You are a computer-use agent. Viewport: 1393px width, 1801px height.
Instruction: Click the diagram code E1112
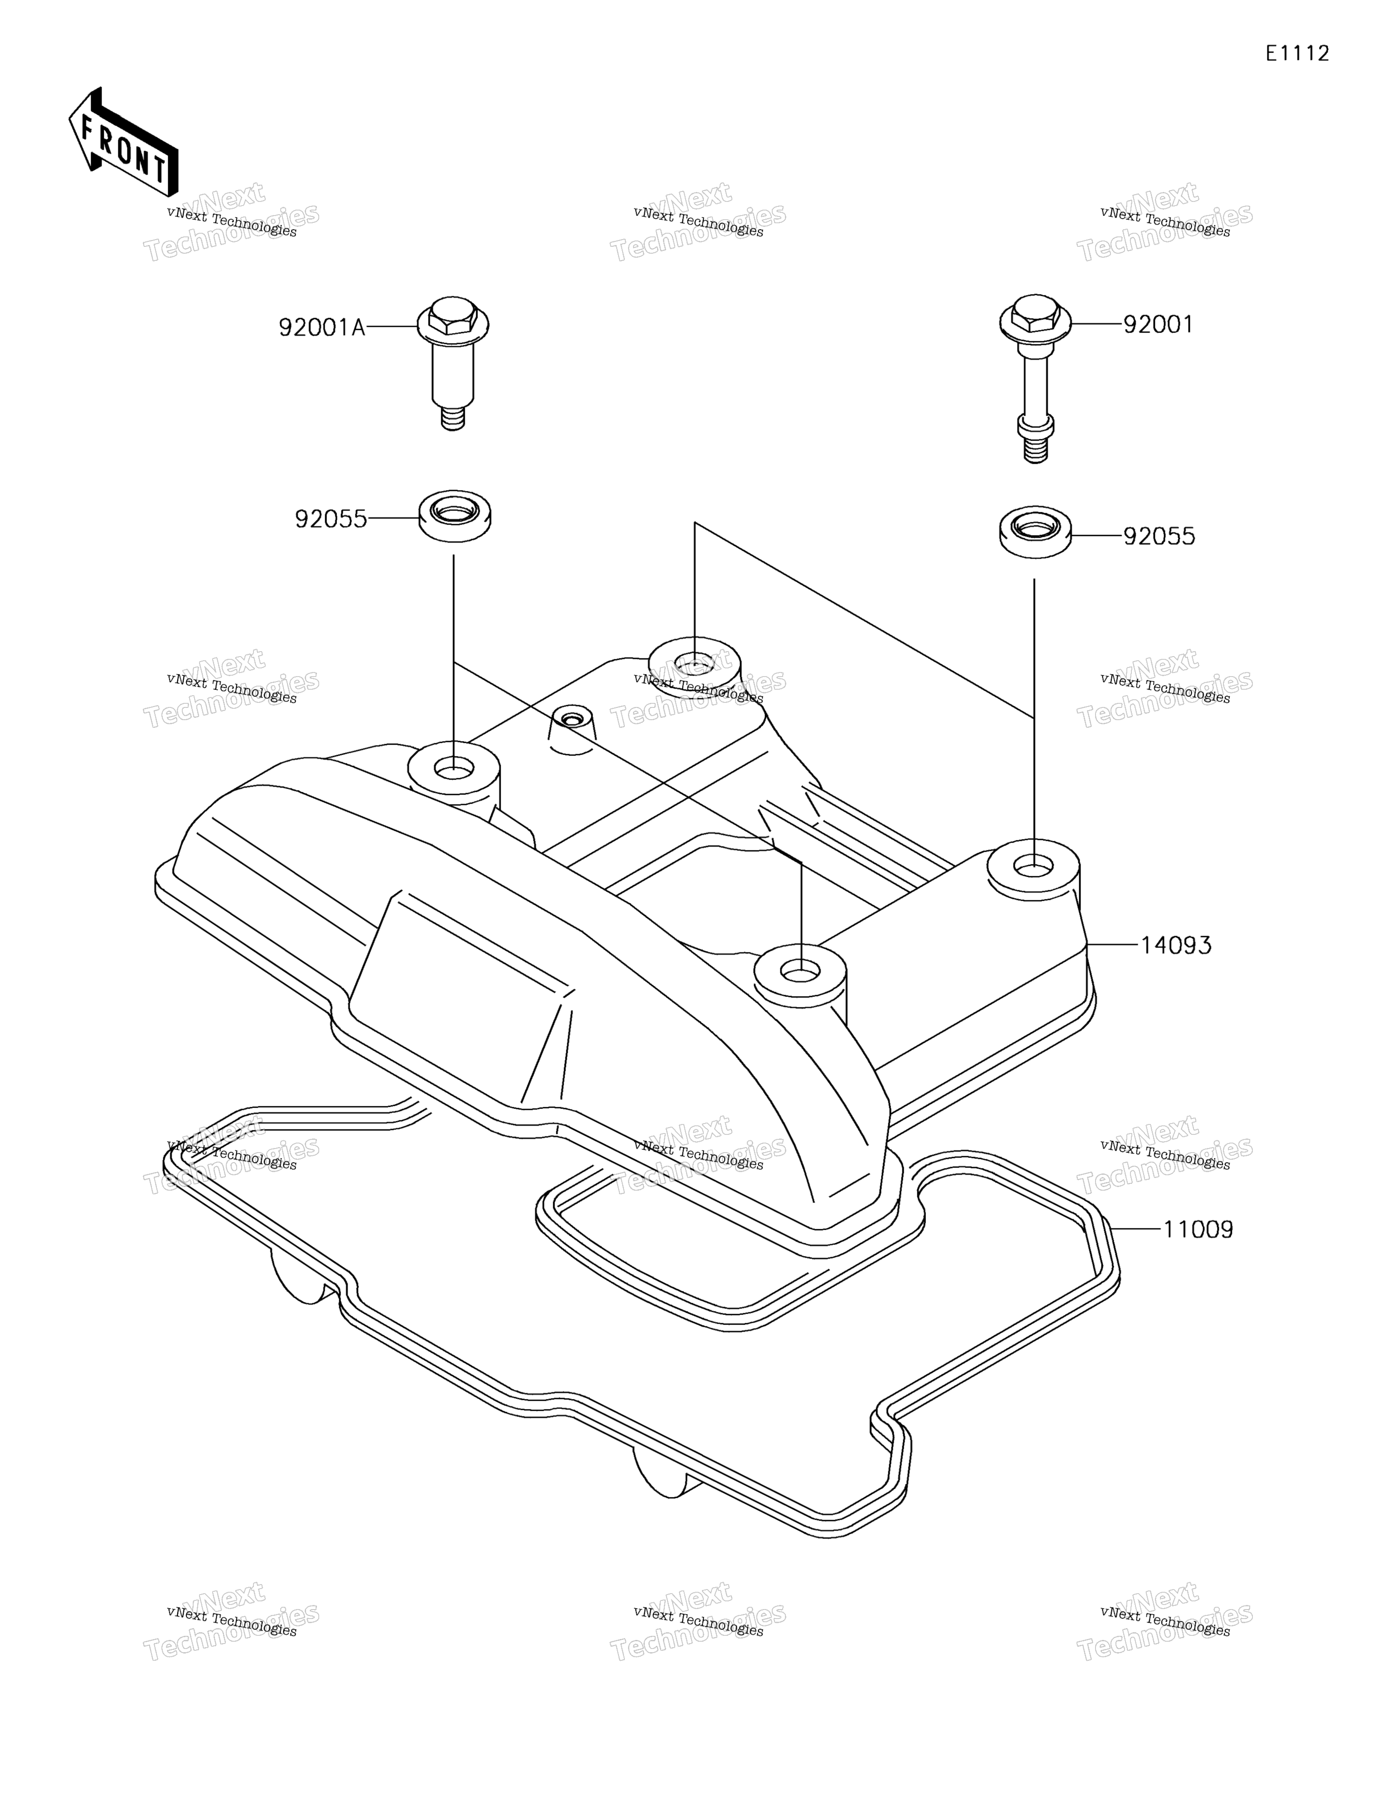click(x=1297, y=54)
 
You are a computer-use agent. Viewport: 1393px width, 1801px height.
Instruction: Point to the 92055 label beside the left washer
click(x=331, y=519)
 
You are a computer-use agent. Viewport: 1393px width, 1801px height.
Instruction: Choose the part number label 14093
click(x=1175, y=945)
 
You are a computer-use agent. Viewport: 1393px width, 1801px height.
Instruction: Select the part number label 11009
click(x=1198, y=1252)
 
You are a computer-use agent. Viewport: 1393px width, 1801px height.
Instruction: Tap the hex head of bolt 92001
click(x=1035, y=318)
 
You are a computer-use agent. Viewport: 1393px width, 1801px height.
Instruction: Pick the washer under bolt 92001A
click(x=455, y=516)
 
